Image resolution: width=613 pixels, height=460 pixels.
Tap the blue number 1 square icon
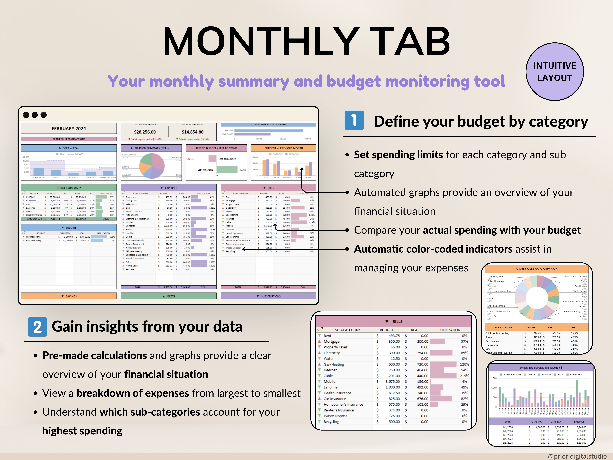[x=354, y=120]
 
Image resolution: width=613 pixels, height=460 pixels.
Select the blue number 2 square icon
[x=37, y=327]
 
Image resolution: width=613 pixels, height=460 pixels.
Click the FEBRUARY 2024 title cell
[x=69, y=128]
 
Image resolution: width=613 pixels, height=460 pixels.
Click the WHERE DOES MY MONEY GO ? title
[x=536, y=269]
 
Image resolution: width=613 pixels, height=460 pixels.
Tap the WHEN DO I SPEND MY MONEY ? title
[x=541, y=368]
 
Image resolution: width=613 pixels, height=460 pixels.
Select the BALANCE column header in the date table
[x=579, y=421]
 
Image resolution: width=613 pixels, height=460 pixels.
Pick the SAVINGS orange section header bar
[x=69, y=296]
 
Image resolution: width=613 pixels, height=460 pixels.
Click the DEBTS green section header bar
[x=168, y=296]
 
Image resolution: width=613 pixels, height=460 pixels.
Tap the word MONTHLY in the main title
[x=261, y=42]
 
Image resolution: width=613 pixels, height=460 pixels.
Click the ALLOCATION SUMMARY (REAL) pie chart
[x=152, y=166]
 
